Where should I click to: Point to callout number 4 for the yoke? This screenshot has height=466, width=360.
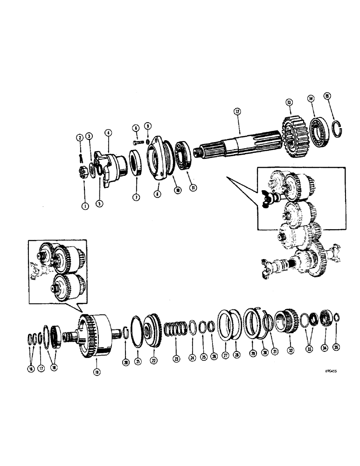coord(108,133)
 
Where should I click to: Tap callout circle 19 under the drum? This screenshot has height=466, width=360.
coord(97,372)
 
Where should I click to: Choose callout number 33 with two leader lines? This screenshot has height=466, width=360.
coord(308,347)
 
